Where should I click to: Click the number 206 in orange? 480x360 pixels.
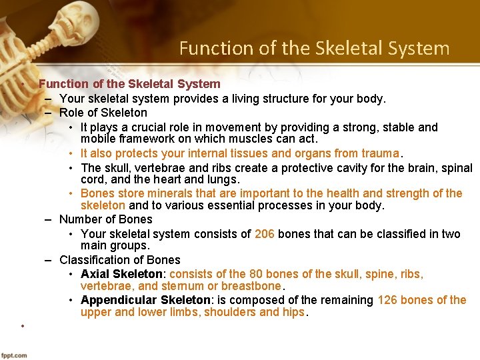(x=264, y=234)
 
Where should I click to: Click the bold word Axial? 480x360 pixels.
(x=95, y=274)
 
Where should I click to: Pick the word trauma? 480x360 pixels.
(x=379, y=153)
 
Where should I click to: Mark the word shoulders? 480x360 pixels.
(x=231, y=313)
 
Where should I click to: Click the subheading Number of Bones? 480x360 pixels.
(x=105, y=219)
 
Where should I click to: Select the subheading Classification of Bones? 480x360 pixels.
(x=119, y=260)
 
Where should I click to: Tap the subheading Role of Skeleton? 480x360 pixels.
(x=103, y=113)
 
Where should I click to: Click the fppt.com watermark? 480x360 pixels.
(x=15, y=354)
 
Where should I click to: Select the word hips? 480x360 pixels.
(x=292, y=313)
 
